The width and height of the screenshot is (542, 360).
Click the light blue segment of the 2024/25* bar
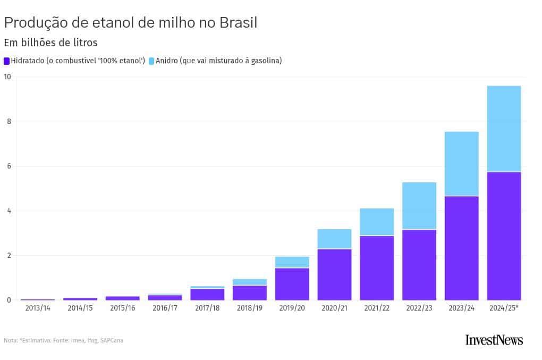coord(504,129)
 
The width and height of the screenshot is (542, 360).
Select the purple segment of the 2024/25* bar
coord(504,236)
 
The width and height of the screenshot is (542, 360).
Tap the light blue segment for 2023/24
coord(461,164)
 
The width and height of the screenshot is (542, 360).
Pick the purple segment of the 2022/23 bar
coord(419,265)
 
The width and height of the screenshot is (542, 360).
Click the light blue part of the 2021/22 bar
coord(377,222)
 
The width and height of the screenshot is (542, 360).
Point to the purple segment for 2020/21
coord(334,274)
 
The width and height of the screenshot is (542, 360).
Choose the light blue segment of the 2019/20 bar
coord(292,262)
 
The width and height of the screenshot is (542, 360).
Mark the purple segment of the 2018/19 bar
coord(250,293)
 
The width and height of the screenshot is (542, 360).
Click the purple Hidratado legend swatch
coord(6,61)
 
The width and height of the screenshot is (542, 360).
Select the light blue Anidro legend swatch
coord(151,61)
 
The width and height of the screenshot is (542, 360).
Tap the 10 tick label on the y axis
coord(7,77)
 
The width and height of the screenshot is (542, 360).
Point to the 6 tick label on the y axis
coord(8,166)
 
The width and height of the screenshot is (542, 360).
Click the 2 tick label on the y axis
coord(8,255)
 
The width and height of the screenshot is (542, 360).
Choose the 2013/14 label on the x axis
coord(37,308)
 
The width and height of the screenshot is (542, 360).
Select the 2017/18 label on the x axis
coord(207,308)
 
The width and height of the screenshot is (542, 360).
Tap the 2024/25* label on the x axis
coord(504,308)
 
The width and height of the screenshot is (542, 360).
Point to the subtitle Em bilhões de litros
coord(50,43)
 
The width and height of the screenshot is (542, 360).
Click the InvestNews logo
coord(494,340)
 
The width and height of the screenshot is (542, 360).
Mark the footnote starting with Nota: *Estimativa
coord(63,340)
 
